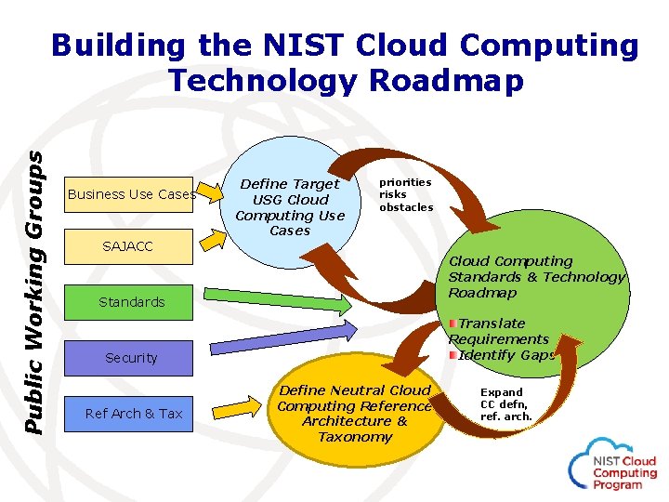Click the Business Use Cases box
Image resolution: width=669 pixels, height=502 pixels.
coord(131,194)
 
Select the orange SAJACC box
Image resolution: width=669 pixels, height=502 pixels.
coord(127,246)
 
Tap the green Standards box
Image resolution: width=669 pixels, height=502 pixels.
coord(131,302)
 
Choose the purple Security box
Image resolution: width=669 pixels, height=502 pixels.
coord(131,358)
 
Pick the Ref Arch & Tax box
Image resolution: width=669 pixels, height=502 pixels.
coord(134,414)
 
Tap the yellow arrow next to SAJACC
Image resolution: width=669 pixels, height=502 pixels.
coord(215,241)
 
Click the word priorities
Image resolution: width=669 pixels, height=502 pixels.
coord(405,182)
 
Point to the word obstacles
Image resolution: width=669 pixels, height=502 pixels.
coord(406,207)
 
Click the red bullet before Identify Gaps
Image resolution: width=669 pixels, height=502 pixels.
coord(453,355)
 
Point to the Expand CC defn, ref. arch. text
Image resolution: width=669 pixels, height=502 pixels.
coord(505,404)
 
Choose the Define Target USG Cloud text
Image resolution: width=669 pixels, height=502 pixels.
coord(290,192)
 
